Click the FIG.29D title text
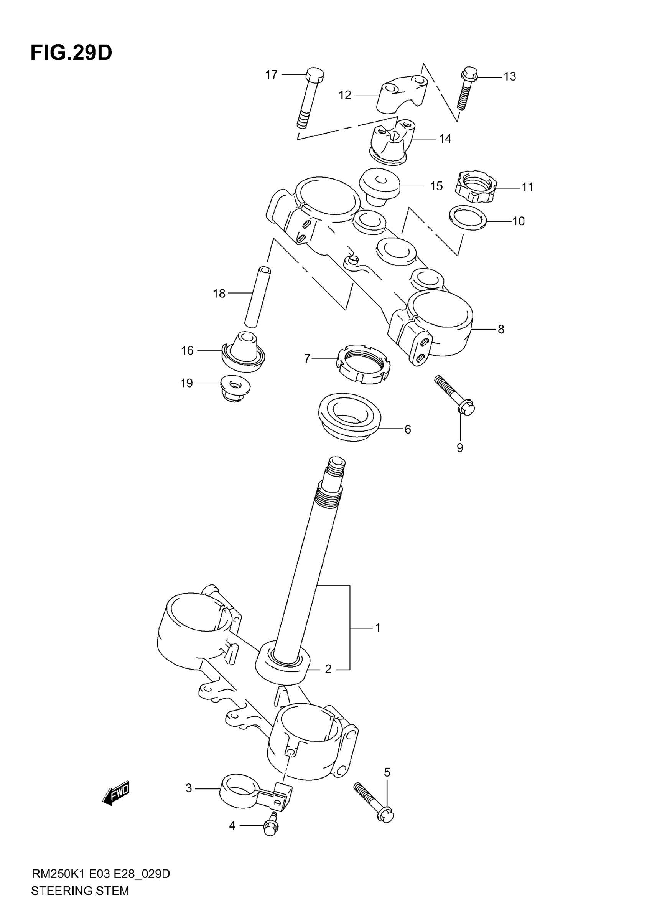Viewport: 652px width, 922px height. [71, 53]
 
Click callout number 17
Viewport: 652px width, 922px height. [272, 75]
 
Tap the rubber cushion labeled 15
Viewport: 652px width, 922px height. [379, 186]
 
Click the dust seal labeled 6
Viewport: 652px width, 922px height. [349, 416]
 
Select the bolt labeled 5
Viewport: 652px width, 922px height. [374, 800]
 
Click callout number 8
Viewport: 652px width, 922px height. [501, 329]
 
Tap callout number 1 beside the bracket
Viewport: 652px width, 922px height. [377, 627]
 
